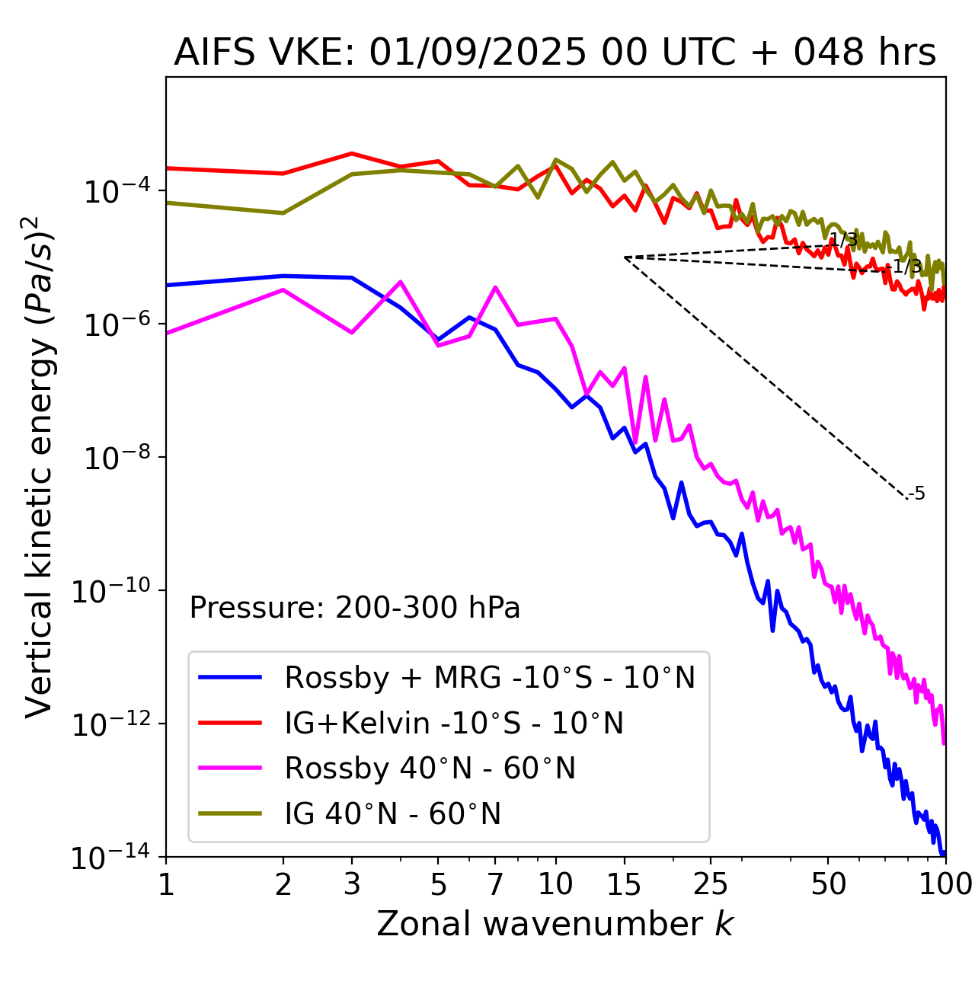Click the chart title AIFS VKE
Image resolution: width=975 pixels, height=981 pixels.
coord(555,53)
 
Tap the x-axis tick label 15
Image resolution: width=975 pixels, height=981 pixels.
coord(625,884)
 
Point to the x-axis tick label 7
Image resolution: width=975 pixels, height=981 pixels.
coord(495,884)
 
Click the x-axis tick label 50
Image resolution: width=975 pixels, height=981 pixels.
coord(828,884)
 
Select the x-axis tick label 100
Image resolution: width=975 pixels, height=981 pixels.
coord(945,884)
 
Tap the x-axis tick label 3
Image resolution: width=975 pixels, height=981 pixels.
coord(352,884)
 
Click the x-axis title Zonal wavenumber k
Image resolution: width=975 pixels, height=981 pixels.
coord(555,924)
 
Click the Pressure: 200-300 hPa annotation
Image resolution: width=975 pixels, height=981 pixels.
coord(355,608)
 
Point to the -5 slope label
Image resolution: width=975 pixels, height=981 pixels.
coord(918,494)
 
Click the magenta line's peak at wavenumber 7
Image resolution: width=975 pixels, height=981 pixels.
coord(495,287)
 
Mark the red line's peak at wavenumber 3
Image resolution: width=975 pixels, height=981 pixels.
coord(352,153)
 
